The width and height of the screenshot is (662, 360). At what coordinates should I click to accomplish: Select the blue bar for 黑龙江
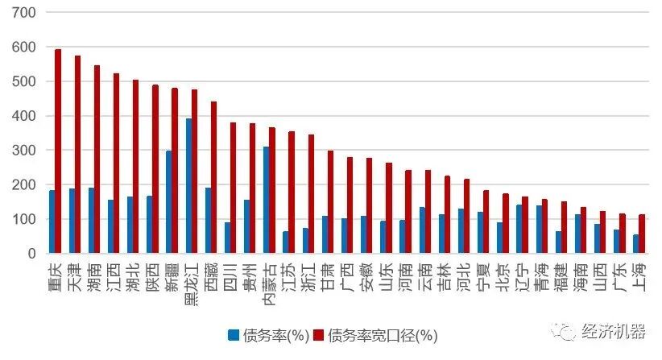coord(189,186)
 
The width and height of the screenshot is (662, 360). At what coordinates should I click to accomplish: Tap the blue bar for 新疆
coord(169,202)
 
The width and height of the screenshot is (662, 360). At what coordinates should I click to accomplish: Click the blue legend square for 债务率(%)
coord(234,334)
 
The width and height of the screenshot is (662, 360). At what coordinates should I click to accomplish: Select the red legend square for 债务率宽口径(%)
coord(318,334)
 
